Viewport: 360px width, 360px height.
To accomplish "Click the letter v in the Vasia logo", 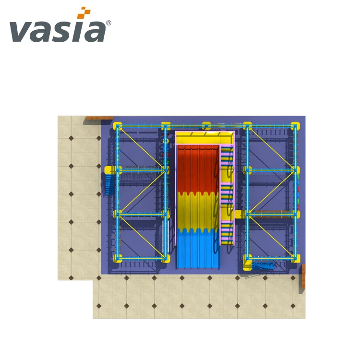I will [x=21, y=32].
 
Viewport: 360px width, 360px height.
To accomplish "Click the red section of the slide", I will [x=198, y=168].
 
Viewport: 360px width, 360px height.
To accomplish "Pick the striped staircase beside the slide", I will [x=227, y=197].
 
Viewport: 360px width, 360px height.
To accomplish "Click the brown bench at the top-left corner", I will [x=99, y=118].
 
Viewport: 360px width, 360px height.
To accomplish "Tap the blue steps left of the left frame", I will [x=109, y=184].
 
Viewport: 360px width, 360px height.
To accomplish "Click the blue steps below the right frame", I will [x=264, y=265].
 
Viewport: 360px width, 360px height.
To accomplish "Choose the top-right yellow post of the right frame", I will [x=295, y=126].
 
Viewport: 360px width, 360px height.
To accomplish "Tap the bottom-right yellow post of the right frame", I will [x=295, y=258].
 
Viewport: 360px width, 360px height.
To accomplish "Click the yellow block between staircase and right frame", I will [x=238, y=214].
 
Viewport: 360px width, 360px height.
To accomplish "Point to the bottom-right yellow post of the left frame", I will [x=166, y=258].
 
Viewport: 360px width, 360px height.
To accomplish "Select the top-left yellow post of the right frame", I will [x=247, y=126].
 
